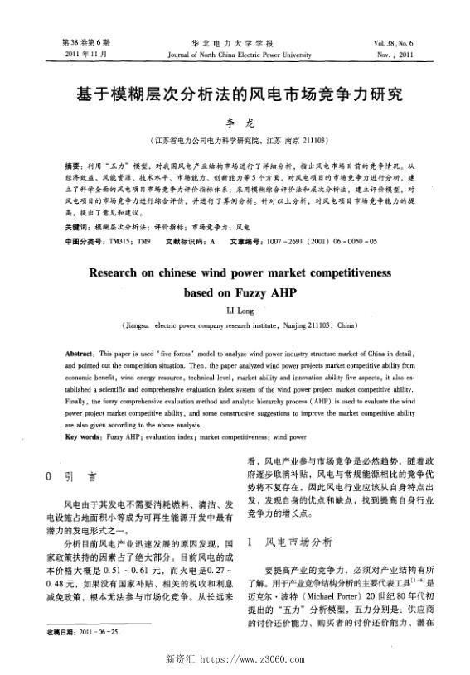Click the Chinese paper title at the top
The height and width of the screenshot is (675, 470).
pos(234,93)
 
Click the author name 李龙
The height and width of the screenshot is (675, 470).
pos(234,122)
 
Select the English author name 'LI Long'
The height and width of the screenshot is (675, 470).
pos(234,312)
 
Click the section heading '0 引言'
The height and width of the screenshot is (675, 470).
pos(73,477)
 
